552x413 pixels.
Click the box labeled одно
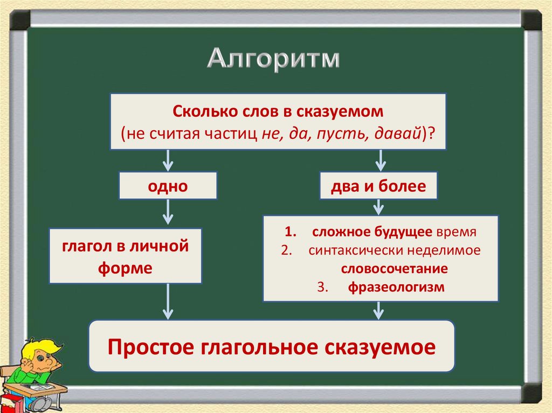(x=168, y=186)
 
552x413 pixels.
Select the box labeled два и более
(x=378, y=186)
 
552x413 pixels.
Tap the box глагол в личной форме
(x=125, y=256)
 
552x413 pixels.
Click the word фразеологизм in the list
(x=396, y=287)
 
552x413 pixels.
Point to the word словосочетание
(x=394, y=269)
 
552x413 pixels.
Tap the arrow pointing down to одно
(x=168, y=160)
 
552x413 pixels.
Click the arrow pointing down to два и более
(x=379, y=160)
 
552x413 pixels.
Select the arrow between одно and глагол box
(x=168, y=212)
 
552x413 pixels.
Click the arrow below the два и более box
(x=378, y=207)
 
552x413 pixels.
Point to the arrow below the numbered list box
(x=378, y=310)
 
